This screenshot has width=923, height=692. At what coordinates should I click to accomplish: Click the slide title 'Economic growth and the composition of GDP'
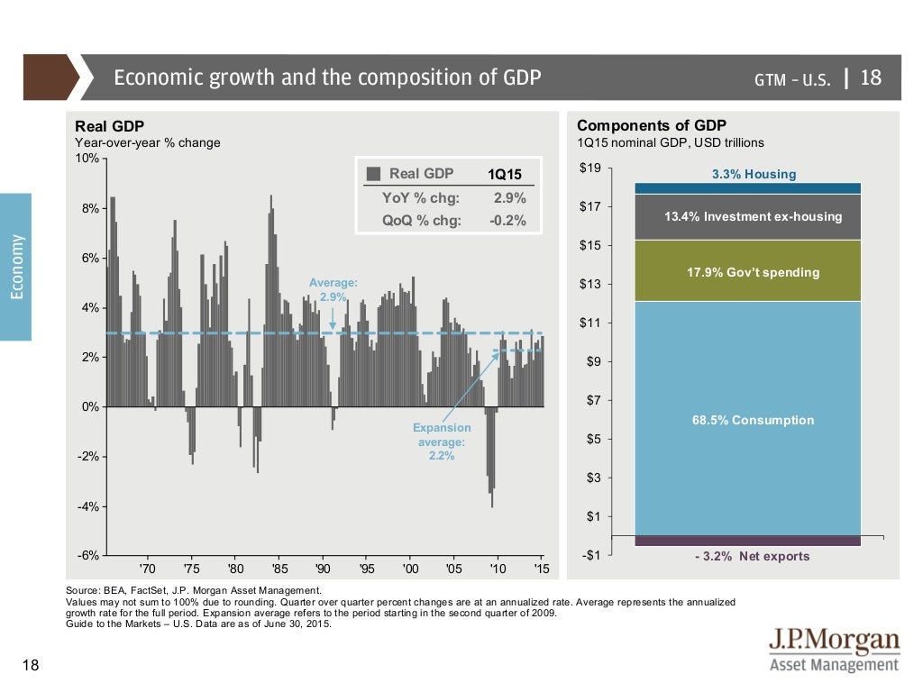[x=327, y=77]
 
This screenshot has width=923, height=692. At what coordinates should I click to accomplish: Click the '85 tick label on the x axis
[x=279, y=569]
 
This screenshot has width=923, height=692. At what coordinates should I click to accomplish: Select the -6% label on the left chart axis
[x=88, y=555]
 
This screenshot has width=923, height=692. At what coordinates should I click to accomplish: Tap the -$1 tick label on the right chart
[x=590, y=555]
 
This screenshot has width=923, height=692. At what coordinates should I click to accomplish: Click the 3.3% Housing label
[x=754, y=174]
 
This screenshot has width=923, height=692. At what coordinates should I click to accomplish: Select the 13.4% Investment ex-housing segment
[x=748, y=217]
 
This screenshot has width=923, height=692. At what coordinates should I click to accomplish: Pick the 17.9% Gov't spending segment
[x=748, y=271]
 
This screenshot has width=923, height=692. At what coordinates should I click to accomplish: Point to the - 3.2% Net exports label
[x=752, y=556]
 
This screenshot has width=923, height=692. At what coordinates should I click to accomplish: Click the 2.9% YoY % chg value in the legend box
[x=509, y=198]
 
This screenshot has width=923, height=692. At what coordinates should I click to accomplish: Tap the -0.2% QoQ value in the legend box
[x=507, y=221]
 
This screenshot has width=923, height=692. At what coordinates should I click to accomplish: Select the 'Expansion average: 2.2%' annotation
[x=442, y=442]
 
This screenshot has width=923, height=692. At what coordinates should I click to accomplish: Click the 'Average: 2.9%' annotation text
[x=333, y=289]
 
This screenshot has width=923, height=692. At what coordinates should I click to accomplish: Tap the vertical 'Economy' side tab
[x=15, y=267]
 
